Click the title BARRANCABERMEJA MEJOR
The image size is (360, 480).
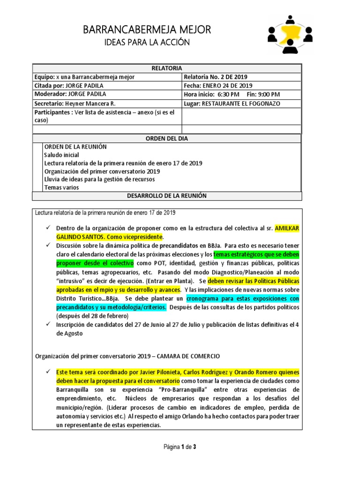coord(147,30)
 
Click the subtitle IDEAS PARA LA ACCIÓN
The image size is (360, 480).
coord(147,42)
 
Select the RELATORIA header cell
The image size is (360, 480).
coord(166,68)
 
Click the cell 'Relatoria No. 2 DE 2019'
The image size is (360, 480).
coord(216,77)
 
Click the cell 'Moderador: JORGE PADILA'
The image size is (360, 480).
coord(70,94)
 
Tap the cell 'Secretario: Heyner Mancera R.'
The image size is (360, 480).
coord(75,103)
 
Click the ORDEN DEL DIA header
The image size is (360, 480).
coord(166,138)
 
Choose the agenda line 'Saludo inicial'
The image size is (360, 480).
coord(61,155)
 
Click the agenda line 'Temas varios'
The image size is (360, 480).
coord(61,187)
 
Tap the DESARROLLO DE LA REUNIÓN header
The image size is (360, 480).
coord(166,195)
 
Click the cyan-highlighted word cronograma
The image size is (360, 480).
coord(206,299)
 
